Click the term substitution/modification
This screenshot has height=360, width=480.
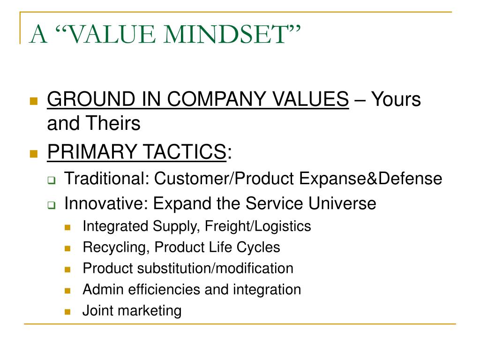[x=216, y=269]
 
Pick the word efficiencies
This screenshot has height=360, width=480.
[x=158, y=290]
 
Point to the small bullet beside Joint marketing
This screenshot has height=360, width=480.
[x=67, y=311]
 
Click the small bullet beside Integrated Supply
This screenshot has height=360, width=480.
[x=67, y=227]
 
